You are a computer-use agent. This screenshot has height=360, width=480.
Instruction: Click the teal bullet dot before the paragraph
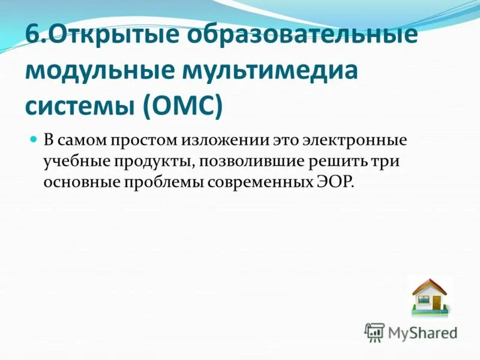coord(34,139)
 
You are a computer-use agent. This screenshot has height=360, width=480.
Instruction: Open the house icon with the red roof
coord(430,296)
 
